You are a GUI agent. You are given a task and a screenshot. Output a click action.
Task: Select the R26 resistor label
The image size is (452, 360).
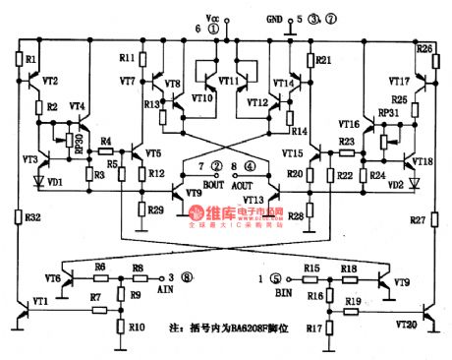[424, 47]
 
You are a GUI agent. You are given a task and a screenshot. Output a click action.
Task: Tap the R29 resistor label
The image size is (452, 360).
[156, 210]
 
